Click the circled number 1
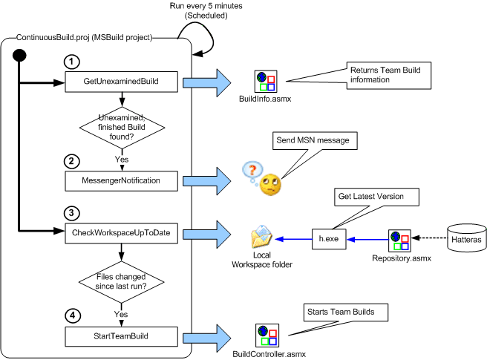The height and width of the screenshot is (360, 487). (x=71, y=60)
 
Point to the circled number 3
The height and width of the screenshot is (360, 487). (x=71, y=214)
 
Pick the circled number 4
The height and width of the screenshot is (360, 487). (x=71, y=315)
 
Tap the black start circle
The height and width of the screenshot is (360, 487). (x=22, y=56)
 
